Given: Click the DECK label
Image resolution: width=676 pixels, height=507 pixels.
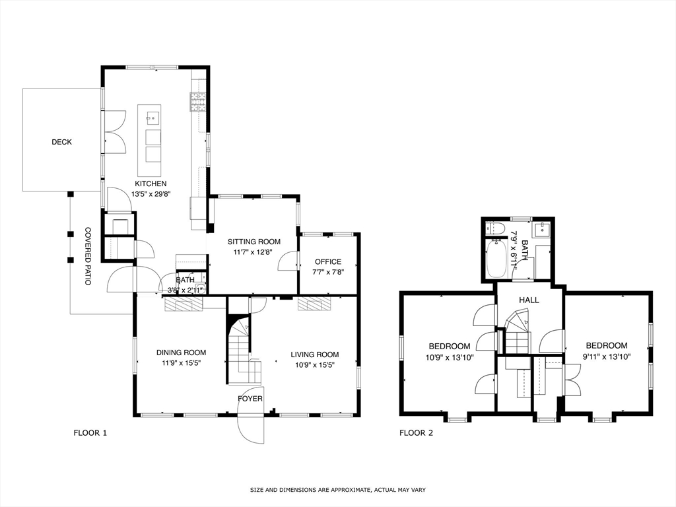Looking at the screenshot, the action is [x=61, y=142].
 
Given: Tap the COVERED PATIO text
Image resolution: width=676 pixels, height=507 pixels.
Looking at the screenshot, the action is [x=88, y=256].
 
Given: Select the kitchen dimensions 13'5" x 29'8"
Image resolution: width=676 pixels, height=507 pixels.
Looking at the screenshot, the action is [x=151, y=194].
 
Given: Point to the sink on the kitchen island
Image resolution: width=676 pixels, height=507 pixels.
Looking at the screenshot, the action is [x=152, y=118].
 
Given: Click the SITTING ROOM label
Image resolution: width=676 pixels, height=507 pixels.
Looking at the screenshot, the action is [x=254, y=242].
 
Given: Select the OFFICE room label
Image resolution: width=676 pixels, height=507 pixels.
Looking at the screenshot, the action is [x=328, y=261].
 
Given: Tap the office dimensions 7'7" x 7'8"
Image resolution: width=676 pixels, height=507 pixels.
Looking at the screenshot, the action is [x=328, y=272].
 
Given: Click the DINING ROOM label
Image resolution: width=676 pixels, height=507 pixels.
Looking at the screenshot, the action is [x=181, y=353].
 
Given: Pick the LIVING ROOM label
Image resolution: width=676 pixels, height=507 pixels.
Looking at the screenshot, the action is [x=315, y=355].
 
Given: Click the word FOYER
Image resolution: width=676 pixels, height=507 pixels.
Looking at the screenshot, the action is [x=250, y=399].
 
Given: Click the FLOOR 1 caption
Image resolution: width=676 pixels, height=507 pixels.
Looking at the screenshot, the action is [x=90, y=433].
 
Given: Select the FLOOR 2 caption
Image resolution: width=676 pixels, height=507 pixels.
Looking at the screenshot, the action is [x=417, y=433].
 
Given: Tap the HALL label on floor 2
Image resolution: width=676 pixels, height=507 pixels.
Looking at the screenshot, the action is [x=529, y=300].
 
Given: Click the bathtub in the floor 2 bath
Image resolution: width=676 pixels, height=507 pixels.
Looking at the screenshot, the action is [x=496, y=259].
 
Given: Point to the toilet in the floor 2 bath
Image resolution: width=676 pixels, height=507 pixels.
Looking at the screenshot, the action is [x=492, y=228].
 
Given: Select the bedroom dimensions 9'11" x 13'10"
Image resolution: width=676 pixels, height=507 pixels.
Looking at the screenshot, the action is [x=607, y=356].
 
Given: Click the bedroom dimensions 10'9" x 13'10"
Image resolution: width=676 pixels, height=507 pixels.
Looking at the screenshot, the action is [x=450, y=357].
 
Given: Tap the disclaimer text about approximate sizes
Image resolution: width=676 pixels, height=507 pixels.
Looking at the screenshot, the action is [x=338, y=490].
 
